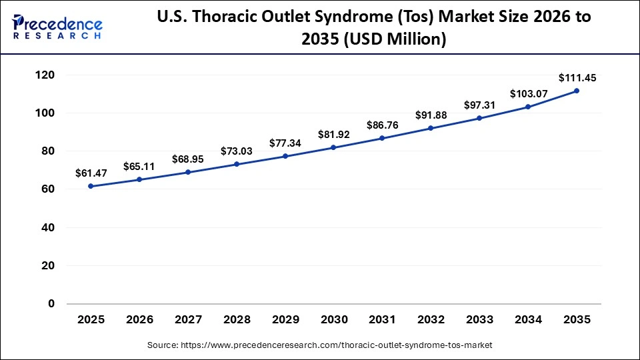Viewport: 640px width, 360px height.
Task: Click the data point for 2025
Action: pos(91,186)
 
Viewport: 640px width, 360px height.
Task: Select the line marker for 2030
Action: pos(333,147)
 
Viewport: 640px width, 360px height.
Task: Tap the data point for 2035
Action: pos(577,91)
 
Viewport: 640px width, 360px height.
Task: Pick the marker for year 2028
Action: pos(237,164)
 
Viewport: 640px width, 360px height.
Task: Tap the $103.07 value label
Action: pos(527,94)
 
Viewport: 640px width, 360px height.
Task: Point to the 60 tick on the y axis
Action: pos(48,189)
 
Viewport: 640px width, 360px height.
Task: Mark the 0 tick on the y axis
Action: pos(51,304)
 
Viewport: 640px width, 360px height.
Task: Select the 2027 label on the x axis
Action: pos(188,320)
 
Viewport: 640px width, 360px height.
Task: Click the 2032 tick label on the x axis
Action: pos(431,320)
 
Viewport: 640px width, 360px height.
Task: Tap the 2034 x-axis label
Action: pos(528,320)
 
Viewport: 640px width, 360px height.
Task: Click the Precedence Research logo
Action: pos(57,27)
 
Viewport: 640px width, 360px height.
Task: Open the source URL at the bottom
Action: pos(319,345)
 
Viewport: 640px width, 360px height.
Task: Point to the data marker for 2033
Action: pos(479,118)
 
